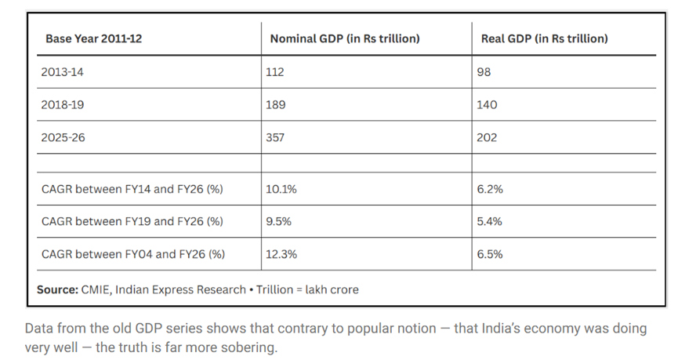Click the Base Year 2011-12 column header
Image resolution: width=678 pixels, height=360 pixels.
coord(93,39)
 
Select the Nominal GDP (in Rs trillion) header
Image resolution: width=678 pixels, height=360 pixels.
coord(345,39)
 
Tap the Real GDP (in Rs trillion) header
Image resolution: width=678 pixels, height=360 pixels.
coord(545,39)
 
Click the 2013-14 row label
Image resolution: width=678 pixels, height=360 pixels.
coord(62,72)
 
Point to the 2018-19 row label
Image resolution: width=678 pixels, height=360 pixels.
coord(62,105)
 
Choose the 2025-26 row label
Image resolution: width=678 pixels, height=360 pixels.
coord(63,137)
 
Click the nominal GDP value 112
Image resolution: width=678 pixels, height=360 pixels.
coord(275,72)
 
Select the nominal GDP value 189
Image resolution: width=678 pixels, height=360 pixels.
coord(275,105)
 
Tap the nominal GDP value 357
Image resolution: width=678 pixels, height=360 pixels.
coord(275,137)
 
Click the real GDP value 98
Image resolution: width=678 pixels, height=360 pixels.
coord(484,72)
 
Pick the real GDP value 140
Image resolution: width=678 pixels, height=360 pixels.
coord(487,105)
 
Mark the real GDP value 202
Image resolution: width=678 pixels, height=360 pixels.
coord(487,137)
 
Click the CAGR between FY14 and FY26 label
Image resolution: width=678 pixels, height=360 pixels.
coord(132,189)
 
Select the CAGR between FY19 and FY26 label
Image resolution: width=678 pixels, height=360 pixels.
coord(132,221)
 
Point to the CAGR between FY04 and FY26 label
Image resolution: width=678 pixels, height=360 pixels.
coord(133,254)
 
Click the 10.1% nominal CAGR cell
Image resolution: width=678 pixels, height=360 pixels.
coord(281,189)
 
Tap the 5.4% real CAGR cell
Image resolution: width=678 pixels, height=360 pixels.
coord(489,221)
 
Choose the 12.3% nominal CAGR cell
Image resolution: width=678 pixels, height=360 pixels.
coord(281,254)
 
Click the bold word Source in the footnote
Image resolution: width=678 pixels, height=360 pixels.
coord(57,289)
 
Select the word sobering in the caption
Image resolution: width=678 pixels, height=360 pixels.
coord(249,347)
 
